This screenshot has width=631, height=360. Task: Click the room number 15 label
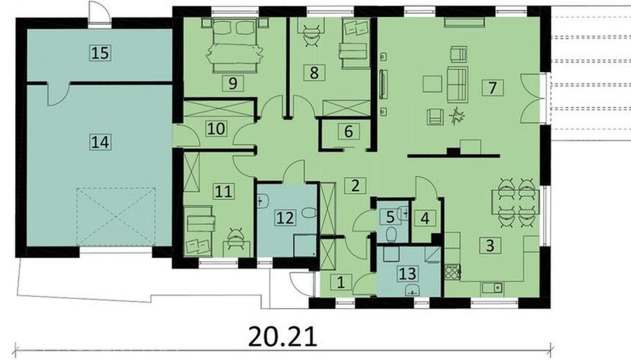[x=100, y=53]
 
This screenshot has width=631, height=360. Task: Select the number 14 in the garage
[x=100, y=142]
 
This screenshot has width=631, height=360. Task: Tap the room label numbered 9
[x=232, y=83]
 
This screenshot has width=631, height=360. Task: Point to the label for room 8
[x=314, y=73]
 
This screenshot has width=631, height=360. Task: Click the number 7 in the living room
[x=493, y=87]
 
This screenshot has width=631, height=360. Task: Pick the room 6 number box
[x=349, y=132]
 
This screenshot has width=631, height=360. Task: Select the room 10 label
[x=216, y=129]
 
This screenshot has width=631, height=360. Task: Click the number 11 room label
[x=223, y=191]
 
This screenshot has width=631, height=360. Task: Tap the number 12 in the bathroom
[x=285, y=218]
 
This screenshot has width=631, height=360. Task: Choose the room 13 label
[x=408, y=273]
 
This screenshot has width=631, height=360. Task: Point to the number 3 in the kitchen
[x=490, y=245]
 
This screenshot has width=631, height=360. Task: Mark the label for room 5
[x=390, y=217]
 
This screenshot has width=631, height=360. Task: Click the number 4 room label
[x=425, y=218]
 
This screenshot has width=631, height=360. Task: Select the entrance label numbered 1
[x=341, y=282]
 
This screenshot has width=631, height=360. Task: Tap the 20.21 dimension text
[x=283, y=336]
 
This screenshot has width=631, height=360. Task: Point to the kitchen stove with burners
[x=452, y=273]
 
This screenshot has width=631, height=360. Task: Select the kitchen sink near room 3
[x=492, y=287]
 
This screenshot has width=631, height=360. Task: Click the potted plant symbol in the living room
[x=457, y=116]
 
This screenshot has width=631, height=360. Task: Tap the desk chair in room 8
[x=313, y=35]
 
